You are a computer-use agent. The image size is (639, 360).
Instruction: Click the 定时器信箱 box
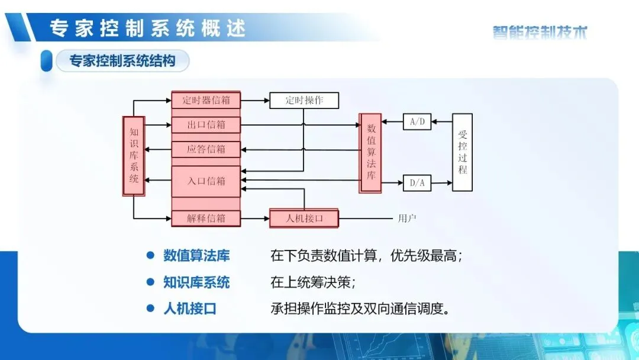(206, 99)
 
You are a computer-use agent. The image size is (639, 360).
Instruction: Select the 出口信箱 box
(206, 125)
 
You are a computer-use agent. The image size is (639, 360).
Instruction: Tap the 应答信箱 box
(206, 149)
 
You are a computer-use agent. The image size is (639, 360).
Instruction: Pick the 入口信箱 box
(206, 181)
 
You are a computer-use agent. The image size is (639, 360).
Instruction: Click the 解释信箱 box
(206, 218)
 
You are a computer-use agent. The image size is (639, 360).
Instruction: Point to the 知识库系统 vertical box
(134, 155)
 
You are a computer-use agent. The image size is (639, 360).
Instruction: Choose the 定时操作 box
(304, 100)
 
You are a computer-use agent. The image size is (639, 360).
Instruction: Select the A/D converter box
(417, 122)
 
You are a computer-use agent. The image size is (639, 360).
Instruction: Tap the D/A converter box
(417, 182)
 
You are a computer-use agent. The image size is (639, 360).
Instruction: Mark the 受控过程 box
(462, 152)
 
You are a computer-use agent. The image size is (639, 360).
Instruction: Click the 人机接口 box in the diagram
(304, 218)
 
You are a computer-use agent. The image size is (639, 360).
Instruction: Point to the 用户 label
(406, 218)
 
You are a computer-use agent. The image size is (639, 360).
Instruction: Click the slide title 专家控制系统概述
(147, 28)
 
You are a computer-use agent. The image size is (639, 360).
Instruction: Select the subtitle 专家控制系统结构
(122, 61)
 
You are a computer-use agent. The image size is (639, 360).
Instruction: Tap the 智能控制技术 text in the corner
(540, 32)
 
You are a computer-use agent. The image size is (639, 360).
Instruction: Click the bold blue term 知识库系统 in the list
(196, 282)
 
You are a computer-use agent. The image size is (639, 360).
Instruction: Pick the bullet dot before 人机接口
(150, 308)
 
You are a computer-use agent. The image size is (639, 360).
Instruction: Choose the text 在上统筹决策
(312, 282)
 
